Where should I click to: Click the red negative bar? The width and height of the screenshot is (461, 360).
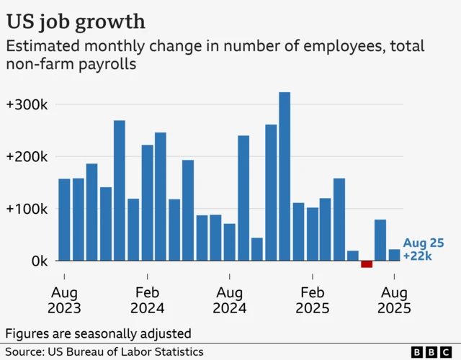coord(367,264)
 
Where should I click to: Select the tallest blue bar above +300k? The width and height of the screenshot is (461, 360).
coord(285,176)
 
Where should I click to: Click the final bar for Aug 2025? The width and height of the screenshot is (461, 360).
coord(394,255)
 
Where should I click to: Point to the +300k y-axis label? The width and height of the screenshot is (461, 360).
coord(27,104)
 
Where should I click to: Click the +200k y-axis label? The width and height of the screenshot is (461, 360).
coord(27,157)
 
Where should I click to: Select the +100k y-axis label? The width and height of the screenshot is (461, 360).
coord(27,209)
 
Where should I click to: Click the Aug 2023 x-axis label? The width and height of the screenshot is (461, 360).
coord(64,300)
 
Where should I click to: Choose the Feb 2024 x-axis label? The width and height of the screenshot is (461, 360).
coord(147,300)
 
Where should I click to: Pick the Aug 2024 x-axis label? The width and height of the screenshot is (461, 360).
coord(230,300)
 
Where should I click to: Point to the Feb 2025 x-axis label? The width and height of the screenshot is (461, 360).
coord(312,300)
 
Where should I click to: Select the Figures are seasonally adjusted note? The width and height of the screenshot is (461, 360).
coord(98,333)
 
